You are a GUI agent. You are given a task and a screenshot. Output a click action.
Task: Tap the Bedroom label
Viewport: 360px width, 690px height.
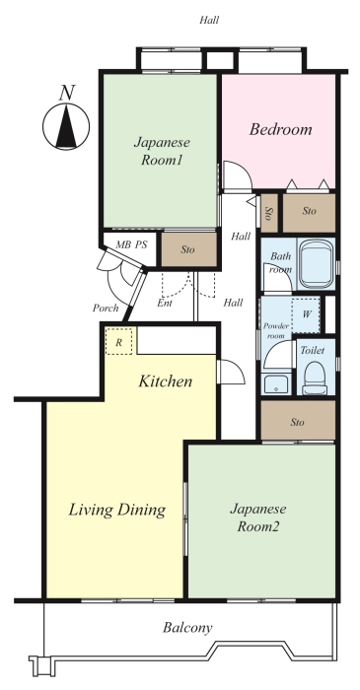[280, 129]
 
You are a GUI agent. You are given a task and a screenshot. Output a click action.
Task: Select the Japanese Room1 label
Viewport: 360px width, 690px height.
[162, 151]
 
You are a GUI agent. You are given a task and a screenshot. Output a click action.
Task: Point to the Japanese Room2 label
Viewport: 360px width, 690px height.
[258, 517]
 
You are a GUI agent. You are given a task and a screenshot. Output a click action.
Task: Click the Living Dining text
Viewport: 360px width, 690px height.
[117, 510]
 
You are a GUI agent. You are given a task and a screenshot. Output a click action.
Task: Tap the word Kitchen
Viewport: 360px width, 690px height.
[166, 381]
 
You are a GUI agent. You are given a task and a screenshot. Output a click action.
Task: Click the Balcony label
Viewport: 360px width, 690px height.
[187, 628]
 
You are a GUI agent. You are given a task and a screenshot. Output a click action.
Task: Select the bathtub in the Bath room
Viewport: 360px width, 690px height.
[315, 263]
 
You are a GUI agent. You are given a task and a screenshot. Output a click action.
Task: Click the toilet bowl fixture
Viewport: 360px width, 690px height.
[315, 378]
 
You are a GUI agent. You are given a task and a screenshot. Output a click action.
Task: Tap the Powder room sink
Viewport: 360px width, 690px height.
[275, 383]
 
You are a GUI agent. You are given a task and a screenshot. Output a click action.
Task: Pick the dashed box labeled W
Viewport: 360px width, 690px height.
[306, 314]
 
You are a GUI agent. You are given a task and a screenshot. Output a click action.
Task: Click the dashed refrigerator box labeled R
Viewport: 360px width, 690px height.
[118, 341]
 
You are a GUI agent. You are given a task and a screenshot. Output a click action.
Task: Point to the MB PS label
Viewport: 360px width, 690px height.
[131, 245]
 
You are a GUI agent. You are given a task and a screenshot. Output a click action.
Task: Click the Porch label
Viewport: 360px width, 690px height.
[106, 308]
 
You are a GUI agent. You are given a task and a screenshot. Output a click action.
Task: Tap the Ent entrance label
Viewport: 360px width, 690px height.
[165, 304]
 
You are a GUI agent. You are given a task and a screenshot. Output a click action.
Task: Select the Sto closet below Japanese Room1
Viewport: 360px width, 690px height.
[188, 249]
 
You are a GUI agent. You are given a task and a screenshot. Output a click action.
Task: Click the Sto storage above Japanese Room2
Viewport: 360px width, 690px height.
[298, 421]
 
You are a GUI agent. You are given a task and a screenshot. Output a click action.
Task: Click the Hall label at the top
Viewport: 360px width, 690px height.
[209, 20]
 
